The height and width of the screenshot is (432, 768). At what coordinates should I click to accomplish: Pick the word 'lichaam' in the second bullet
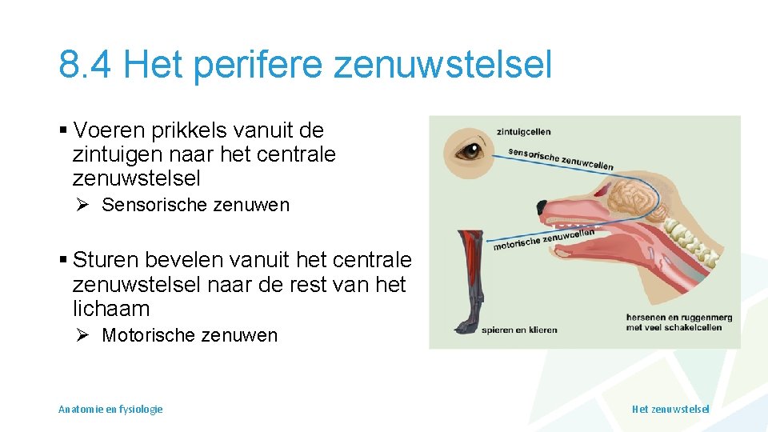click(111, 309)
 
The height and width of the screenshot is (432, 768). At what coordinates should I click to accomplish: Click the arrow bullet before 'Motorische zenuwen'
click(82, 335)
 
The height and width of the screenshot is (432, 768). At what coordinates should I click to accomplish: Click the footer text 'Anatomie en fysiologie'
click(110, 409)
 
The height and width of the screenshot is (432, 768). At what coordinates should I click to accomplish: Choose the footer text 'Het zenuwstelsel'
click(670, 409)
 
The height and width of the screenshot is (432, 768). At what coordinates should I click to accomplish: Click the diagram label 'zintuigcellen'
click(524, 132)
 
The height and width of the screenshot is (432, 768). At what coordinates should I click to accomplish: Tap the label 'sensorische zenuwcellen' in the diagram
click(560, 159)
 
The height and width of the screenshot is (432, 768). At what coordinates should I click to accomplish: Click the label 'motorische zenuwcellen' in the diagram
click(543, 238)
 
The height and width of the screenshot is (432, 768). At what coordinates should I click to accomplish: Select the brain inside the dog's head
click(622, 195)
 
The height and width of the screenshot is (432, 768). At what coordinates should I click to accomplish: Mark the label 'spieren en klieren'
click(519, 330)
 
